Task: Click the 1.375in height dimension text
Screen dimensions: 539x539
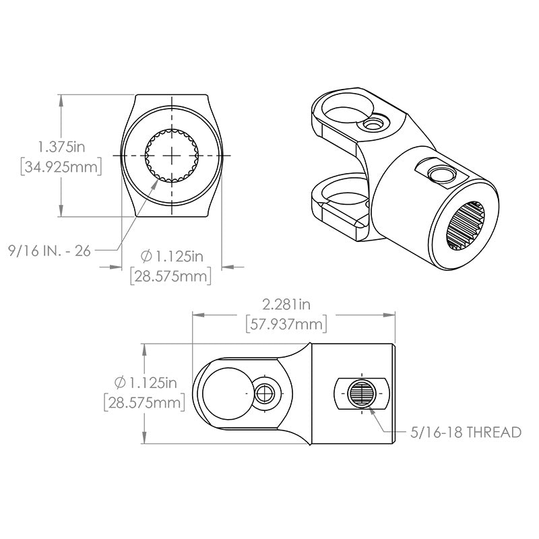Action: (61, 147)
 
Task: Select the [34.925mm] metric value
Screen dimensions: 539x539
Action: (61, 167)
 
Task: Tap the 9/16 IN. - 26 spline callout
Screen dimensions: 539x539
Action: (49, 251)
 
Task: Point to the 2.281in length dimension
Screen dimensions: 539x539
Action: (286, 305)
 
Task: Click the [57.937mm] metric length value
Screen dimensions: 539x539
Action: (286, 324)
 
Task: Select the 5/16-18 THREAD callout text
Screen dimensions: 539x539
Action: (466, 432)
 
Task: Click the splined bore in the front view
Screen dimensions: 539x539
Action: (172, 156)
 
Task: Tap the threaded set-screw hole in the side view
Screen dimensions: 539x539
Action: (361, 394)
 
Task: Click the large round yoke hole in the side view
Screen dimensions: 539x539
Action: (228, 393)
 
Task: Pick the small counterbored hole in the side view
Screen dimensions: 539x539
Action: (264, 393)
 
